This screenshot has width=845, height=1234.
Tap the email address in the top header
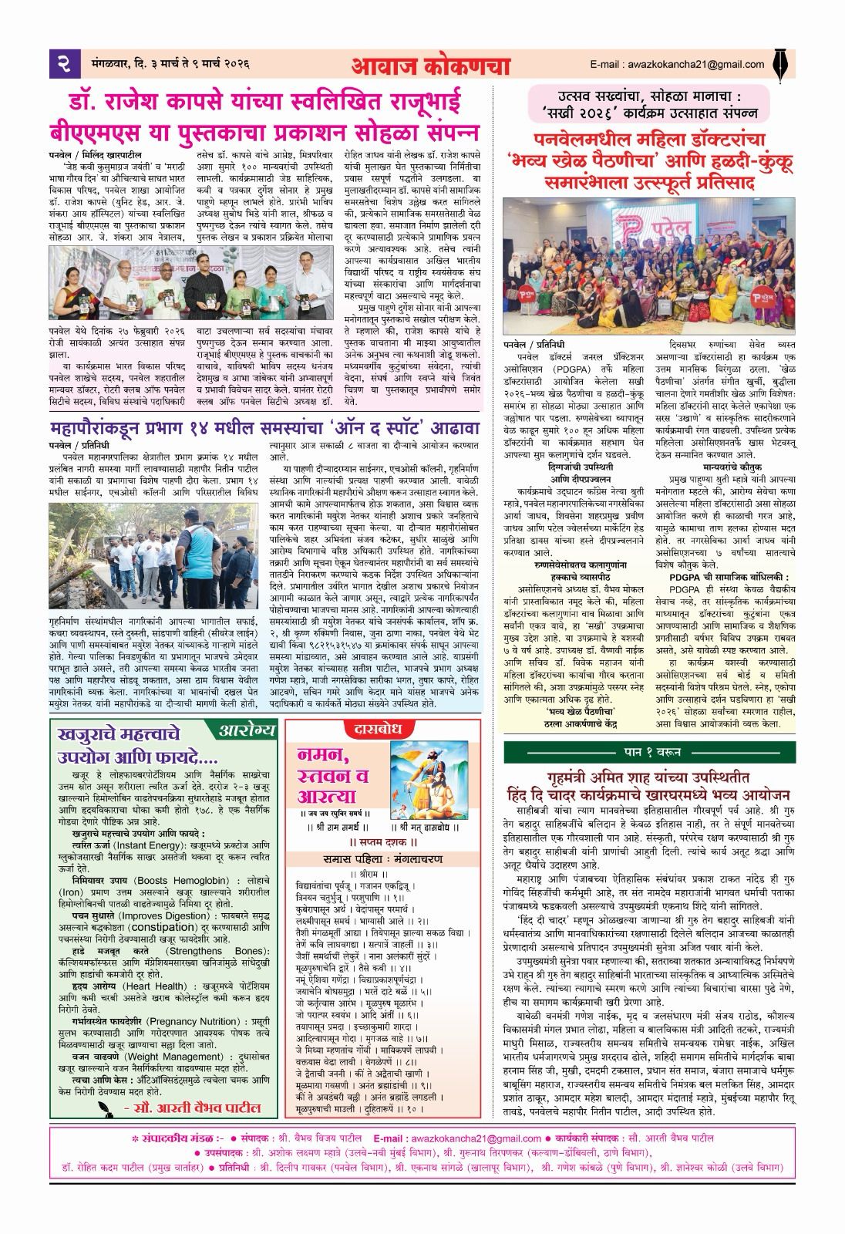click(677, 65)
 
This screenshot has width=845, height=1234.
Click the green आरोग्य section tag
click(244, 729)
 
